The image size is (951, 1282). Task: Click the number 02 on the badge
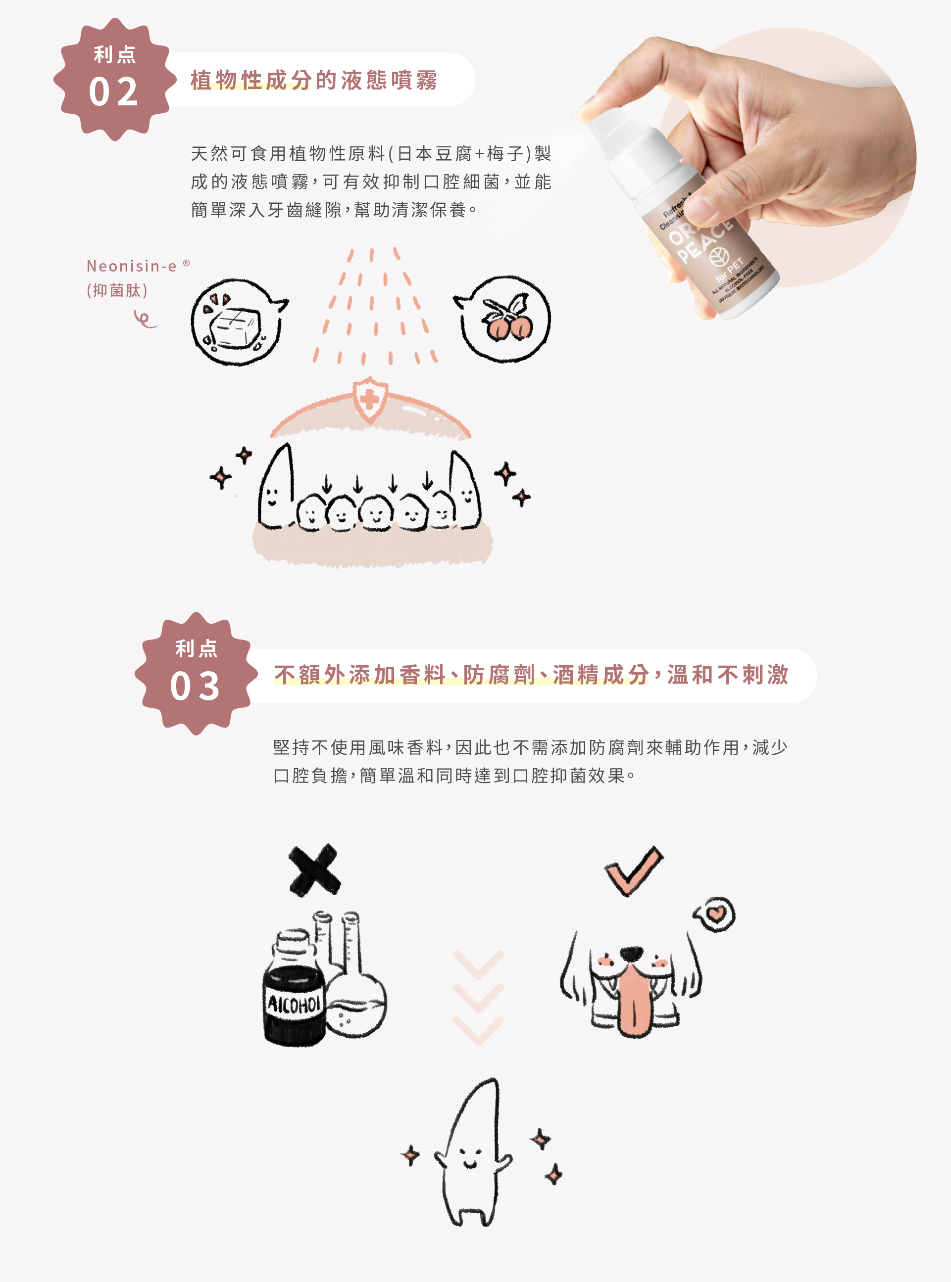coord(113,92)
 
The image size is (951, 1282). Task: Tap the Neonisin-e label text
coord(132,266)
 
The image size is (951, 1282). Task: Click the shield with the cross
coord(370,400)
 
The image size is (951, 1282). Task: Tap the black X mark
coord(314,870)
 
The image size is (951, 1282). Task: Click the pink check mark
coord(633,870)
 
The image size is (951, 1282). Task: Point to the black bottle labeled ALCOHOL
coord(294,995)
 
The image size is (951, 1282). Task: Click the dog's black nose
coord(632,954)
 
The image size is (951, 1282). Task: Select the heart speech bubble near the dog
coord(715,914)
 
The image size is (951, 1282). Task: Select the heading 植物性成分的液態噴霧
coord(314,80)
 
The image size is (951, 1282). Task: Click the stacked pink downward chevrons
coord(478,998)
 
